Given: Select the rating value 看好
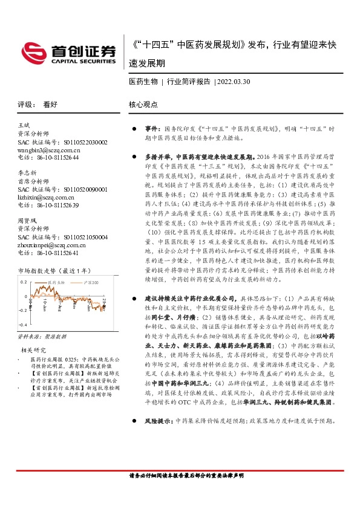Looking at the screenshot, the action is [50, 105].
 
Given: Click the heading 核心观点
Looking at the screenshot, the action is [143, 105].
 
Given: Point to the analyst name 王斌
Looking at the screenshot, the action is [25, 124].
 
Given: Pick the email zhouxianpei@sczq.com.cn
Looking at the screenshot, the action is [50, 246].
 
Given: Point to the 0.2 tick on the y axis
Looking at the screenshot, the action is [24, 282].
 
